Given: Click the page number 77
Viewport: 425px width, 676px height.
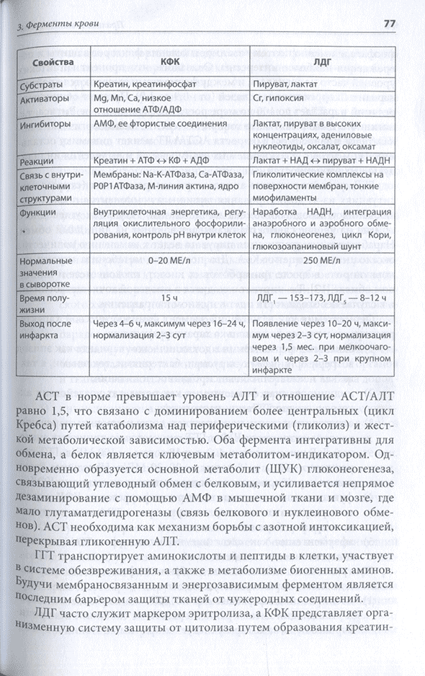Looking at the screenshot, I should tap(389, 25).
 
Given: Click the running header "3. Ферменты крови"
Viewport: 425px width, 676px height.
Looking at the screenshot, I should tap(51, 27).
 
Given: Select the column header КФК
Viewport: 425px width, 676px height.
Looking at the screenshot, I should tap(170, 63).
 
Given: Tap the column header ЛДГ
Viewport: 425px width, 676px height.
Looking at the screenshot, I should tap(324, 63).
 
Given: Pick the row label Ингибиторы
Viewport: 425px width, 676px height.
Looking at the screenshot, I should tap(47, 124).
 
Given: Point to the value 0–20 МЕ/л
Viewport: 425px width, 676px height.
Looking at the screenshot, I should tap(169, 260).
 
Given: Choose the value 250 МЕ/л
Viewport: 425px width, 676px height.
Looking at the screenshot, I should tap(323, 260).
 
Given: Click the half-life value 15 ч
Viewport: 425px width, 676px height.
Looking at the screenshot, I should tap(169, 298).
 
